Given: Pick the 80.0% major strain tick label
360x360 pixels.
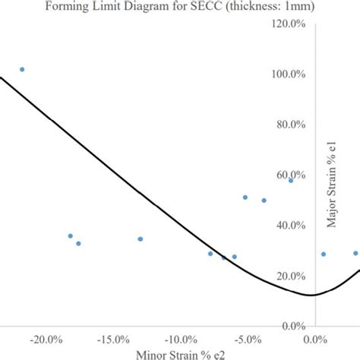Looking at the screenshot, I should pos(291,125).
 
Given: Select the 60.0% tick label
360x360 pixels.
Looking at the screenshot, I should pos(291,175).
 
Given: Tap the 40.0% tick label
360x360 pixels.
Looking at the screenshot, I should pos(291,226).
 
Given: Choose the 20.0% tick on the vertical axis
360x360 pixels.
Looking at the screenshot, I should pos(291,276).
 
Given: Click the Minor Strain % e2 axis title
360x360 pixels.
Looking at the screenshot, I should pos(180,354).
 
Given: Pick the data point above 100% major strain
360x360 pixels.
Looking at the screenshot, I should pos(22,69).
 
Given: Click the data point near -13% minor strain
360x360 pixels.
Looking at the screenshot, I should pos(141,238).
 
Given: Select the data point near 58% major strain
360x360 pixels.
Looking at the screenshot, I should pos(291,180).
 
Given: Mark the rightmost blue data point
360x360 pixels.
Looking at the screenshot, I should pos(355,253).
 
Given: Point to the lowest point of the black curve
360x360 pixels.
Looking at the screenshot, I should pos(310,295).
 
